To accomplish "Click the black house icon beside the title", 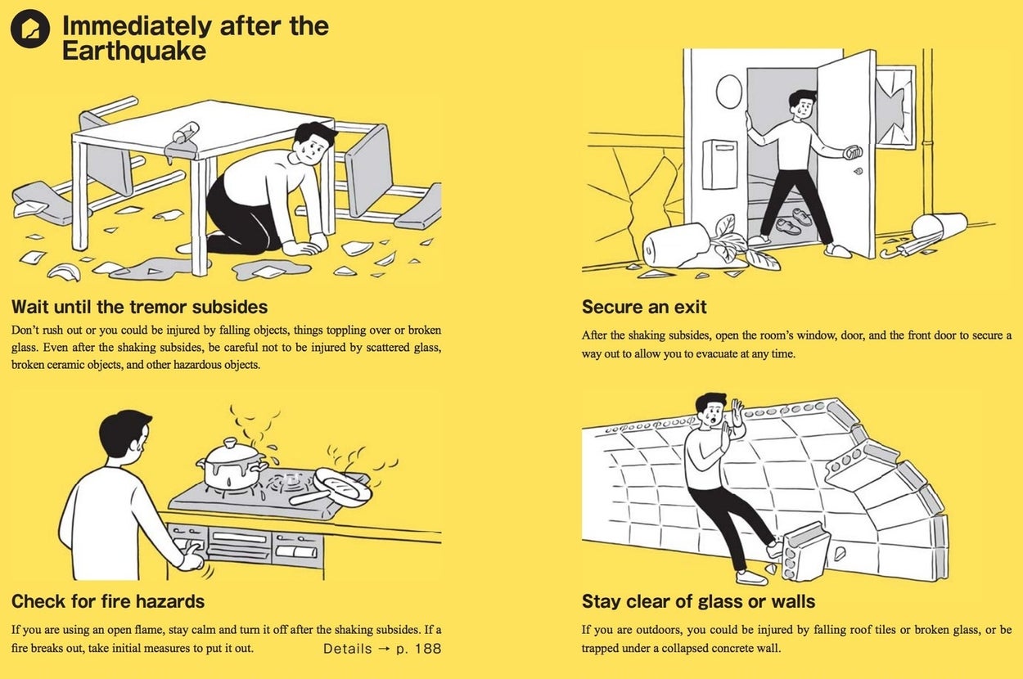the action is pyautogui.click(x=30, y=29).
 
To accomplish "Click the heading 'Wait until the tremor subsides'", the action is pyautogui.click(x=140, y=307).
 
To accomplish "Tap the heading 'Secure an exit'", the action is pyautogui.click(x=644, y=307).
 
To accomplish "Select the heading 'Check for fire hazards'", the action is pyautogui.click(x=108, y=601).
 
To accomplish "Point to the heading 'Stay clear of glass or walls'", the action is pyautogui.click(x=698, y=601).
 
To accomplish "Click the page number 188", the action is pyautogui.click(x=428, y=649).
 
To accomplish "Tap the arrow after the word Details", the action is pyautogui.click(x=384, y=649).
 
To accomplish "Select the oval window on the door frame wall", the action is pyautogui.click(x=729, y=92).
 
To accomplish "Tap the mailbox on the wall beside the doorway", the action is pyautogui.click(x=719, y=164).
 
